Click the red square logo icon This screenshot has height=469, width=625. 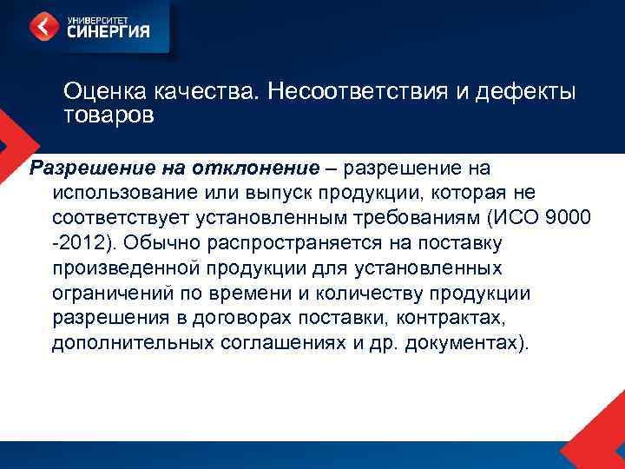pos(44,26)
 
